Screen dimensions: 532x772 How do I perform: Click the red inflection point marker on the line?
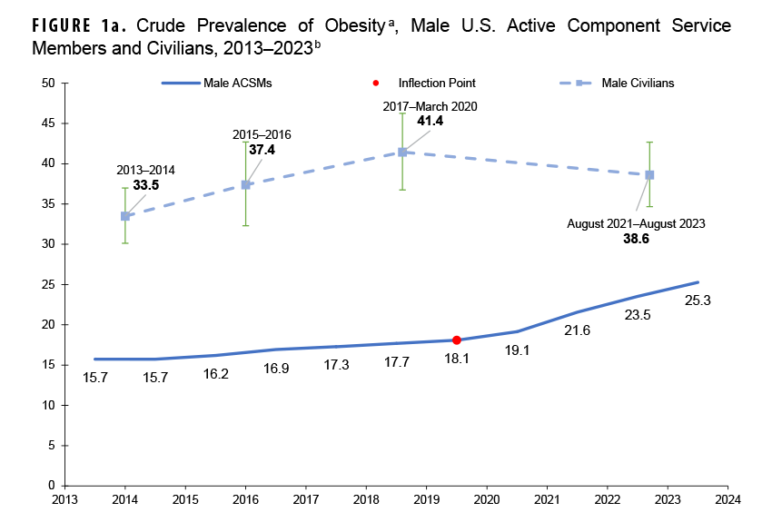point(457,340)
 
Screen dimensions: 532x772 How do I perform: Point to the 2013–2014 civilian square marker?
point(125,216)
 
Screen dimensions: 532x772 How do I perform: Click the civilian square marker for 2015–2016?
point(245,184)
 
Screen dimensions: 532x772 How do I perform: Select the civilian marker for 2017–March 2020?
point(401,152)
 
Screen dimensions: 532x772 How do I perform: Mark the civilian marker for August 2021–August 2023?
point(649,174)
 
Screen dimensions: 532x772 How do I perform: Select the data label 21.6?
point(578,330)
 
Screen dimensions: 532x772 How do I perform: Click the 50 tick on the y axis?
point(50,84)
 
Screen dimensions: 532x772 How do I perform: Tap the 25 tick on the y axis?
point(50,284)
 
